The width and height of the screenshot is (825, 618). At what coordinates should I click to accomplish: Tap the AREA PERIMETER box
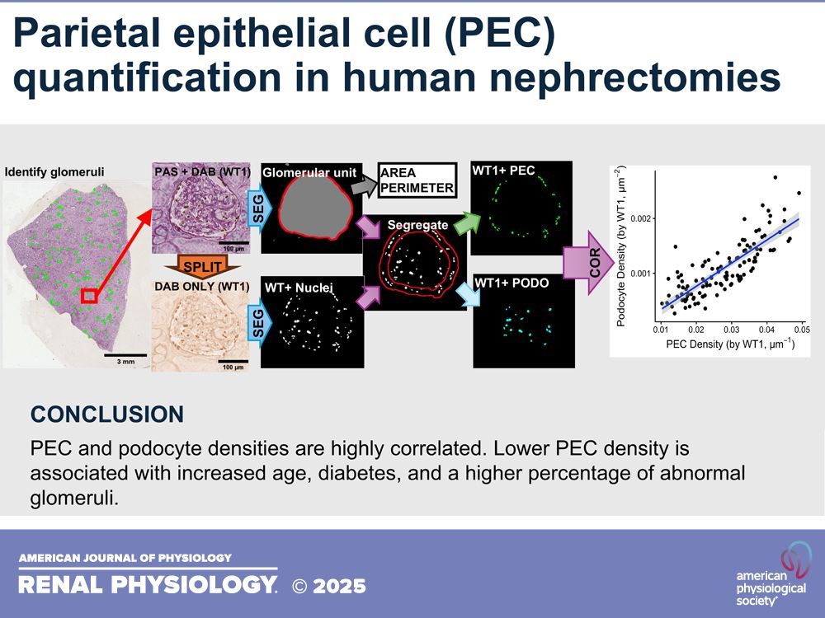tap(417, 180)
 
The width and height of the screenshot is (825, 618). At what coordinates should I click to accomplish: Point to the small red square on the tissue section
tap(89, 295)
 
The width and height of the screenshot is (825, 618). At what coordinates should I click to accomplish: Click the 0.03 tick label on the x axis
tap(732, 329)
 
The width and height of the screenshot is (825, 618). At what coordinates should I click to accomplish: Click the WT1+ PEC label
tap(503, 171)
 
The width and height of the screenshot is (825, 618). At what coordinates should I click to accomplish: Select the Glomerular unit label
tap(309, 172)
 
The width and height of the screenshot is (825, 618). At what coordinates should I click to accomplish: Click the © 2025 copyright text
tap(329, 586)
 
